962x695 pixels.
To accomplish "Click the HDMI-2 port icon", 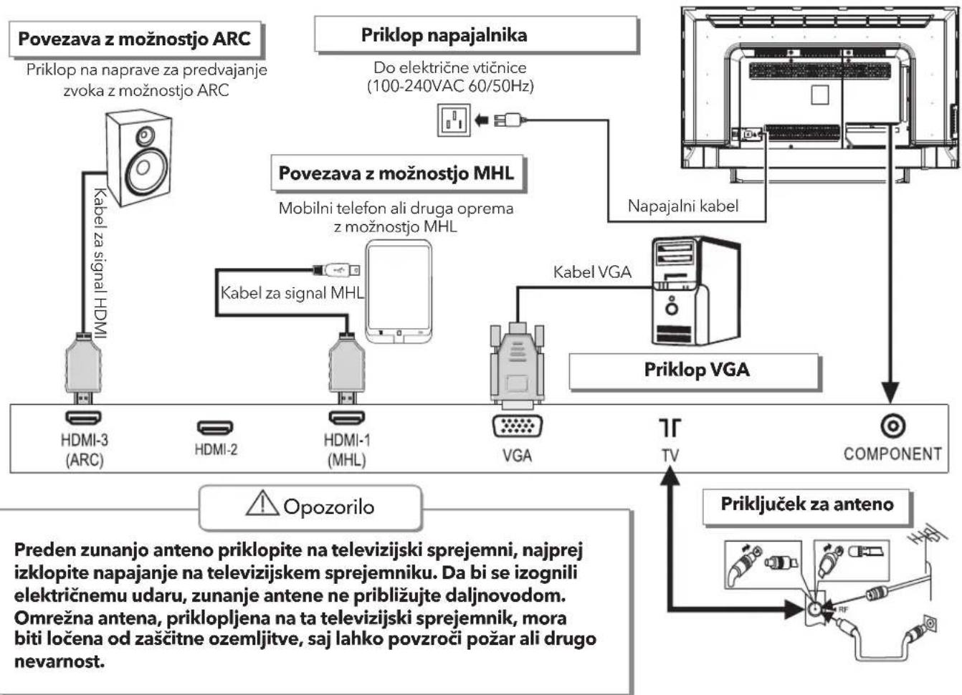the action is pyautogui.click(x=215, y=427).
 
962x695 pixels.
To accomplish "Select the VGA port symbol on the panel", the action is pyautogui.click(x=517, y=426).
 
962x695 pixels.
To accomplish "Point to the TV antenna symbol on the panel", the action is pyautogui.click(x=670, y=428).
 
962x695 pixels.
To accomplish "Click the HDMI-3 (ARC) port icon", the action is pyautogui.click(x=83, y=417).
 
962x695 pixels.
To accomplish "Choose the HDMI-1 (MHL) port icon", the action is pyautogui.click(x=346, y=417).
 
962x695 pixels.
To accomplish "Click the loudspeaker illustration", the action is pyautogui.click(x=139, y=158).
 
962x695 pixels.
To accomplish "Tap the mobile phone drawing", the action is pyautogui.click(x=399, y=292).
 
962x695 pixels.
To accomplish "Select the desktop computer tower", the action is pyautogui.click(x=695, y=291).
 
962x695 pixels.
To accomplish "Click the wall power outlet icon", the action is pyautogui.click(x=454, y=120).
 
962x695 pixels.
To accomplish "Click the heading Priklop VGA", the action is pyautogui.click(x=697, y=370).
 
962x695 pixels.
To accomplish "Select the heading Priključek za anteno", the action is pyautogui.click(x=807, y=504).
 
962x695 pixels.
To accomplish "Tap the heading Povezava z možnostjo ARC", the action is pyautogui.click(x=134, y=39).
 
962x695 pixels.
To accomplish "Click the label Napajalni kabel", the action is pyautogui.click(x=683, y=206).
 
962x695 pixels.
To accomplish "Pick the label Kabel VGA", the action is pyautogui.click(x=592, y=272).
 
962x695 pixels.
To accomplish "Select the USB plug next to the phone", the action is pyautogui.click(x=336, y=270).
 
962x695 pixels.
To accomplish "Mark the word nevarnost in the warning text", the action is pyautogui.click(x=59, y=661).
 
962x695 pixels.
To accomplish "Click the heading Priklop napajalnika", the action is pyautogui.click(x=444, y=35).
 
